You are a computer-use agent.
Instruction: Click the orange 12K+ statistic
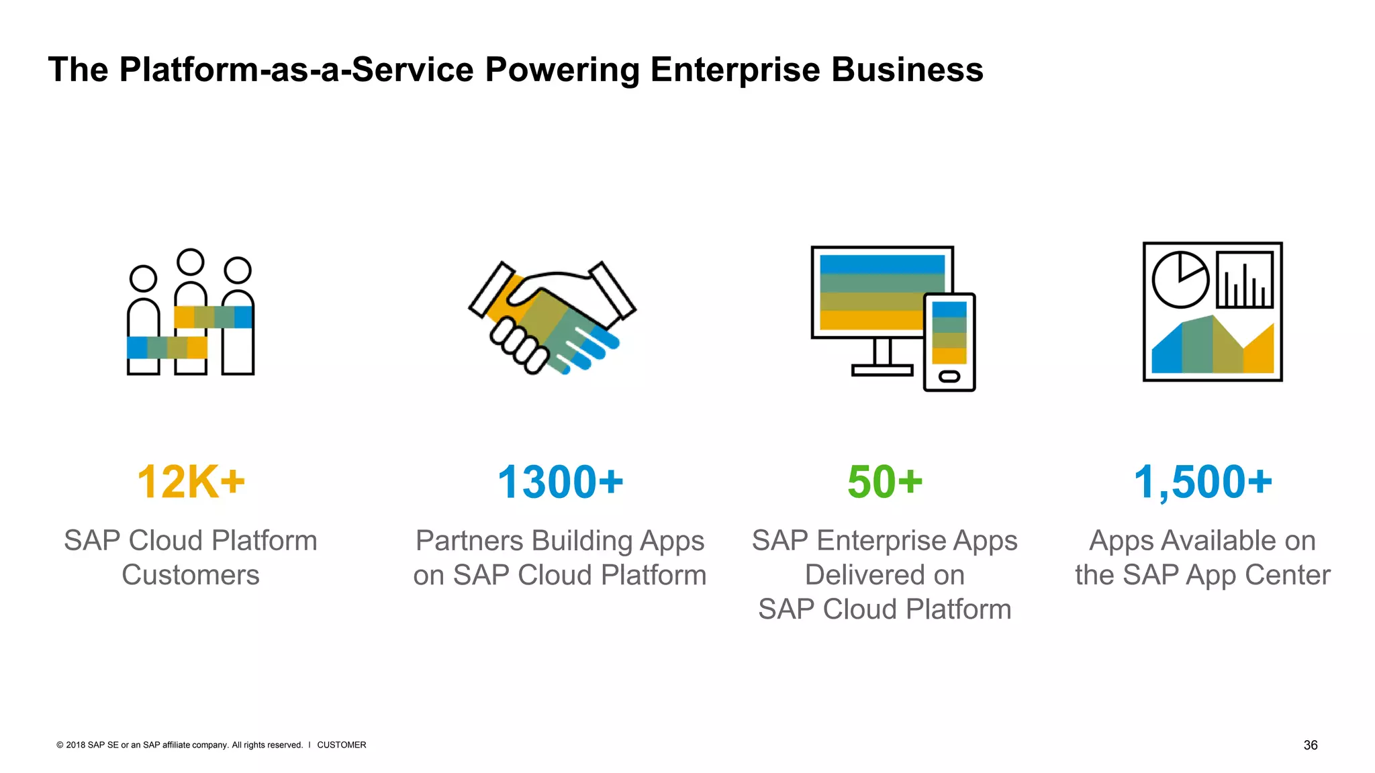click(191, 482)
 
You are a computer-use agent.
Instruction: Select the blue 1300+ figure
click(560, 482)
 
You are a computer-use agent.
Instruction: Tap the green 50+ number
click(885, 482)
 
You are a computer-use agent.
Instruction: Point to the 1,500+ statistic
click(1202, 482)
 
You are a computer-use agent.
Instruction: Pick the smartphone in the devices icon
click(949, 342)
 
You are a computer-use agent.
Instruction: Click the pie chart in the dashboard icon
click(1180, 280)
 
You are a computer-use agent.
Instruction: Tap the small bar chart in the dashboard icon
click(1245, 280)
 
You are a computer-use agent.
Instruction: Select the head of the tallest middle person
click(191, 262)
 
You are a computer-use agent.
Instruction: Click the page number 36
click(1310, 745)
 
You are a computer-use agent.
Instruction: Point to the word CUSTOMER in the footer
click(342, 745)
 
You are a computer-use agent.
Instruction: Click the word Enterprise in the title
click(735, 70)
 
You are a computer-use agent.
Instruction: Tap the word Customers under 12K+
click(191, 575)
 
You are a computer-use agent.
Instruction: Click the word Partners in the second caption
click(469, 541)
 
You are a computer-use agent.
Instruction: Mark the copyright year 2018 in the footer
click(76, 745)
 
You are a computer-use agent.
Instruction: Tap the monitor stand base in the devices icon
click(882, 370)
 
